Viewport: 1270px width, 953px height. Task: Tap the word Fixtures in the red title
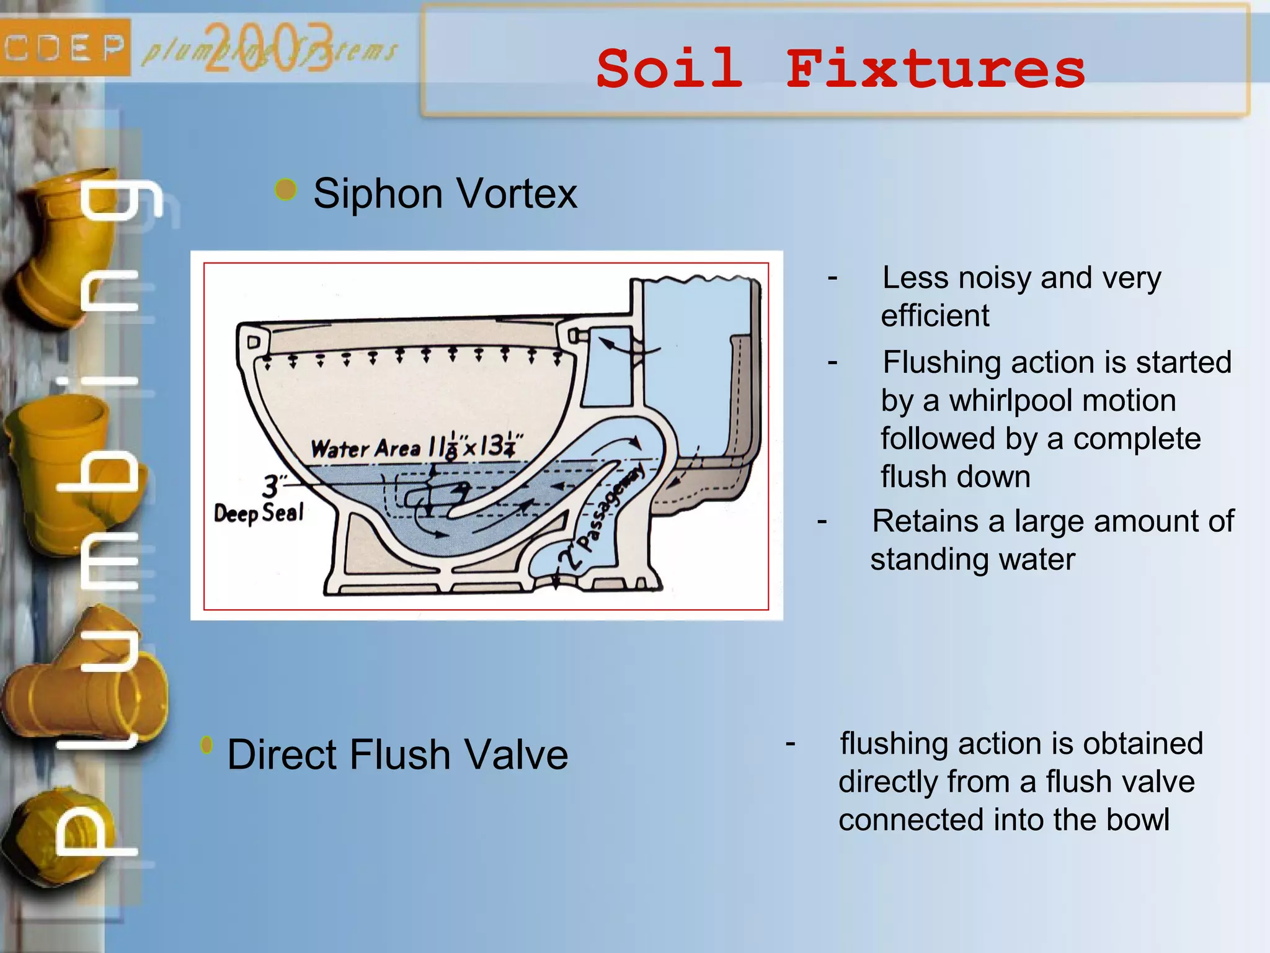(x=935, y=69)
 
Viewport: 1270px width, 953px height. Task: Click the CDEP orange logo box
(x=64, y=48)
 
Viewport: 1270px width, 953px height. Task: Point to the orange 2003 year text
(x=268, y=48)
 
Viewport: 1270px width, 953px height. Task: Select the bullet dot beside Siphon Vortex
(x=286, y=190)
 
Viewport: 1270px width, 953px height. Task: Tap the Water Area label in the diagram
(x=366, y=448)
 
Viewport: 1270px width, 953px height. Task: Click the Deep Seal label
(x=259, y=513)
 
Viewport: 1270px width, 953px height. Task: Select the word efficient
(x=935, y=316)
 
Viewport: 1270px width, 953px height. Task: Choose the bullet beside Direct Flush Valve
(x=207, y=745)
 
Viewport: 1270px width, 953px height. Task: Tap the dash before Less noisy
(x=833, y=277)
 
